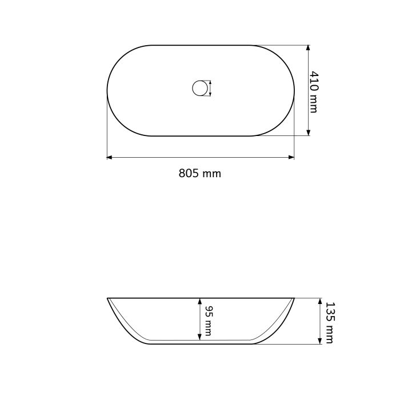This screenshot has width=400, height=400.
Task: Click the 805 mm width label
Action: coord(200,174)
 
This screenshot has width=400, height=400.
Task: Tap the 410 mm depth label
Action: coord(314,92)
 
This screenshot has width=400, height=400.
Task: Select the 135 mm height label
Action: coord(330,323)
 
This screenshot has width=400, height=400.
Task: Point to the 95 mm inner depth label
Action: coord(209,321)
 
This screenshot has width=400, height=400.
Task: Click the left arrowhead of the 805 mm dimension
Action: coord(109,157)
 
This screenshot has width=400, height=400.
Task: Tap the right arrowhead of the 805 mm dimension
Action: coord(291,157)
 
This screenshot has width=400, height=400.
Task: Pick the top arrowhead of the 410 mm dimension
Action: coord(308,48)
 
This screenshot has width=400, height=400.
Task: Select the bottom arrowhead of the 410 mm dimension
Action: coord(308,133)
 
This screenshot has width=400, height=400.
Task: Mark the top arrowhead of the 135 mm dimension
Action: coord(320,301)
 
